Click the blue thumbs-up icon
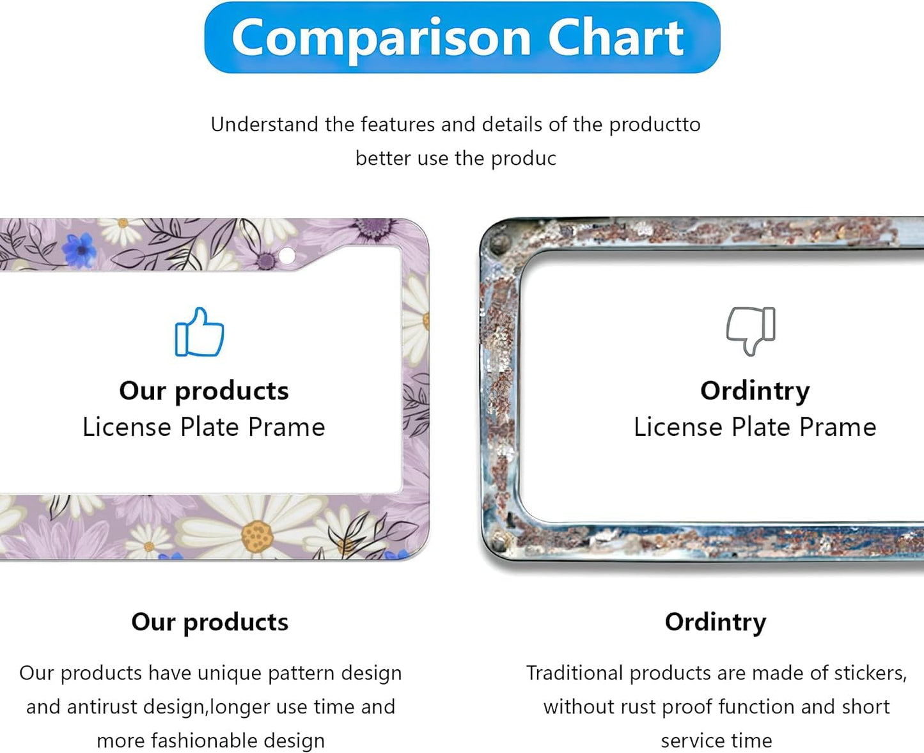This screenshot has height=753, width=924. (200, 332)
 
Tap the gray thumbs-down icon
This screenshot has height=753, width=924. (751, 330)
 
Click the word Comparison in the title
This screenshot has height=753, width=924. (381, 38)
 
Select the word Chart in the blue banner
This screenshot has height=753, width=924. (616, 38)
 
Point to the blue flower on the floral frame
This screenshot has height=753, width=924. (80, 250)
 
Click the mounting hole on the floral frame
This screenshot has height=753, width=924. (287, 256)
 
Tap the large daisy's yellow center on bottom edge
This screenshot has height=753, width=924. (258, 536)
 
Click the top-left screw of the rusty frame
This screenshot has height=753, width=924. (498, 244)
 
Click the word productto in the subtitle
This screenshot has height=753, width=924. (654, 125)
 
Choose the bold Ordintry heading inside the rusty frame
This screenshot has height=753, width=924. (755, 391)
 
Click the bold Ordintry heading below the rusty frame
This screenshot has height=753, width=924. (715, 622)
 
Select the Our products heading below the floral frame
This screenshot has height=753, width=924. (210, 622)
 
